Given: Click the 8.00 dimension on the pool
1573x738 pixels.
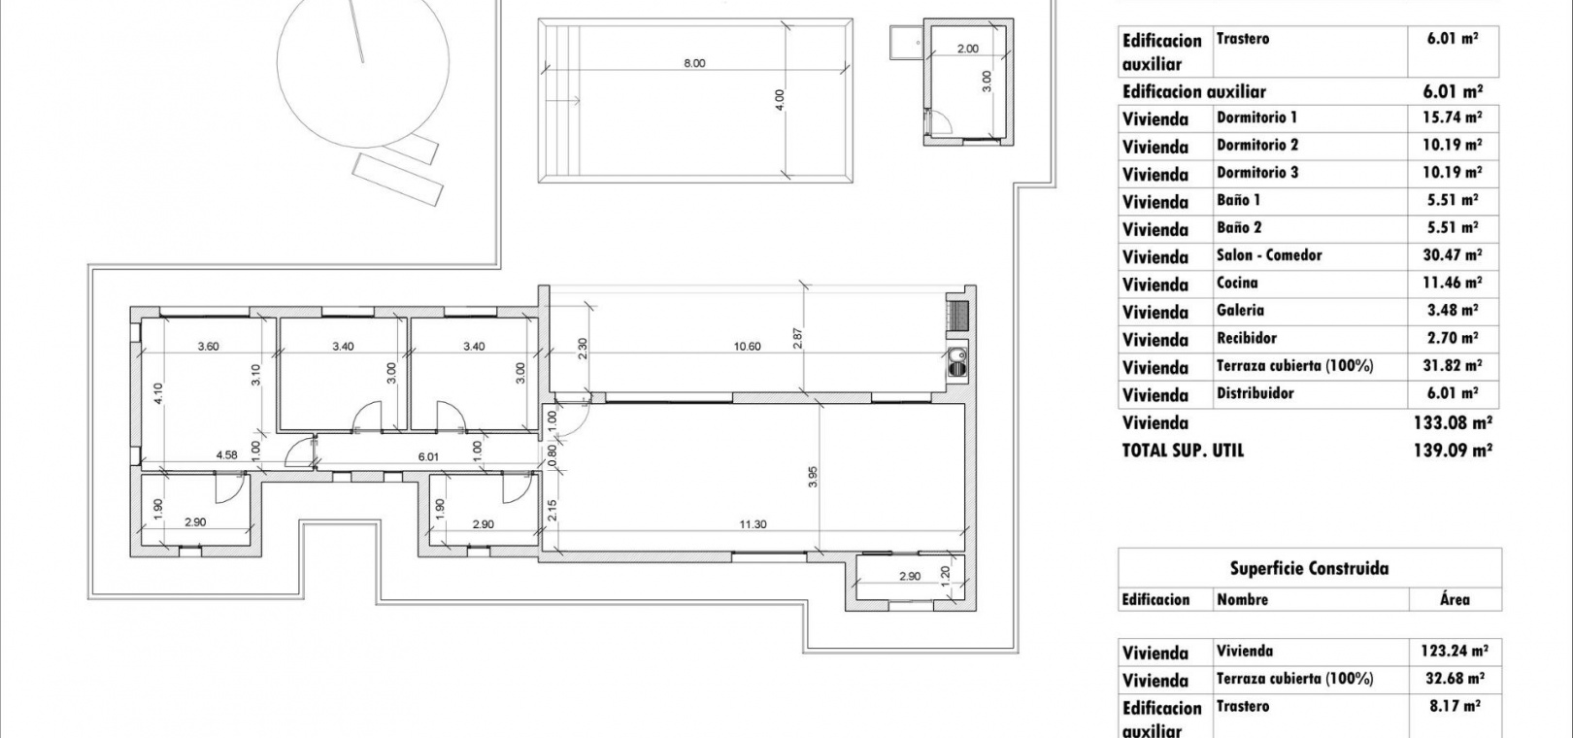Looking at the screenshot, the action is pos(694,63).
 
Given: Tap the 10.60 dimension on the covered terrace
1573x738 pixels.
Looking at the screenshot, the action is pos(748,346).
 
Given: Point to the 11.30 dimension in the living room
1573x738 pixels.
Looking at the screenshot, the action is pos(753,523).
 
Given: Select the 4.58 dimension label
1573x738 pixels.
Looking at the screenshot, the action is pos(226,454).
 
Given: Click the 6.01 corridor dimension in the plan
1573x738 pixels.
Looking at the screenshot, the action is pos(428,456).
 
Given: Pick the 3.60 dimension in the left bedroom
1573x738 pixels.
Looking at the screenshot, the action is pos(209,346).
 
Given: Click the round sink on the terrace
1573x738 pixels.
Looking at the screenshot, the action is pos(956,361).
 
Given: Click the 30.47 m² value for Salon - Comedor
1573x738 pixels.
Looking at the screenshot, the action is pos(1453,254).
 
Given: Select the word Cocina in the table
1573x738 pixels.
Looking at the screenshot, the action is pos(1237,283).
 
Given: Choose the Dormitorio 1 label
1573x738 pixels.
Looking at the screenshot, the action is pos(1257,117).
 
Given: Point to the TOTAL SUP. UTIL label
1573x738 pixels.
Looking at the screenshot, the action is pos(1183,451).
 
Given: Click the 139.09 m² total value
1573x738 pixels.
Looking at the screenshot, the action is pos(1453,451).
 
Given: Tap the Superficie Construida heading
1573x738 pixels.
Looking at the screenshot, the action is pos(1309,569).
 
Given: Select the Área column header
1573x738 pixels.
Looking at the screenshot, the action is pos(1455,599).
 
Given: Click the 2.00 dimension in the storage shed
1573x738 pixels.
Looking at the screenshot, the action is pos(968,50).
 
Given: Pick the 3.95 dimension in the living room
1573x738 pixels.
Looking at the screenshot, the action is pos(813,477).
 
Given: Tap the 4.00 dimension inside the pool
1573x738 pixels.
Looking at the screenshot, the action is pos(779,100).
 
